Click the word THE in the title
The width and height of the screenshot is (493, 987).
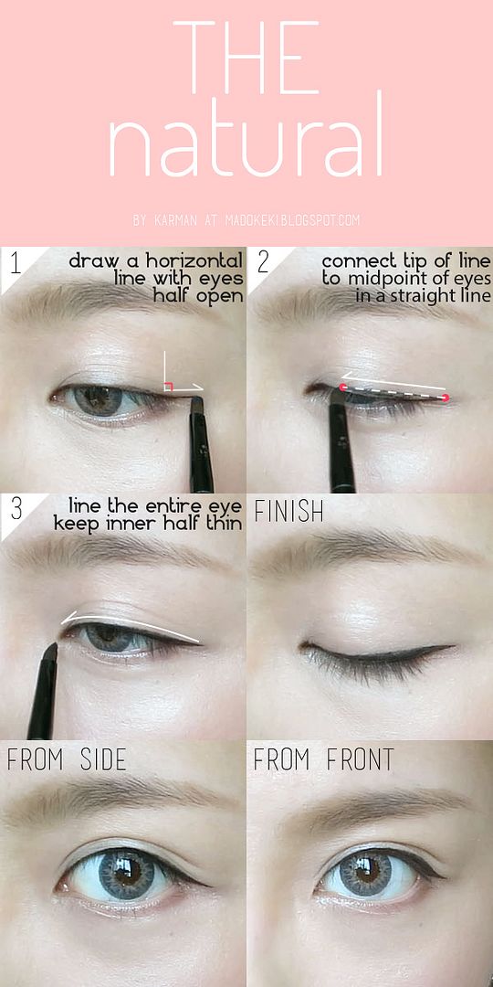(x=246, y=58)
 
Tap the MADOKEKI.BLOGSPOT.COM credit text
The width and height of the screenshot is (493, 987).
(x=288, y=220)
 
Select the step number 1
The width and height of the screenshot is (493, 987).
(x=16, y=264)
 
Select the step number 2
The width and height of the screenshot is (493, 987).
(x=263, y=263)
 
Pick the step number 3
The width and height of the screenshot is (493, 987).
(x=16, y=510)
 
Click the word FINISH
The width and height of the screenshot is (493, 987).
(x=288, y=513)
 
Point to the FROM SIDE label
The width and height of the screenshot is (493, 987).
(x=66, y=759)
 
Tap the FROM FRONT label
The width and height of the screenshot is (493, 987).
(x=323, y=759)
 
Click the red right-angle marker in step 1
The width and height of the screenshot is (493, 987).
(x=168, y=387)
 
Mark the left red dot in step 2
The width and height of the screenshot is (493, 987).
(x=342, y=387)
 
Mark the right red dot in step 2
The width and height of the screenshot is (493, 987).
(x=446, y=398)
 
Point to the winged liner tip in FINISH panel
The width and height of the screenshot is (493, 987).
(x=453, y=646)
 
